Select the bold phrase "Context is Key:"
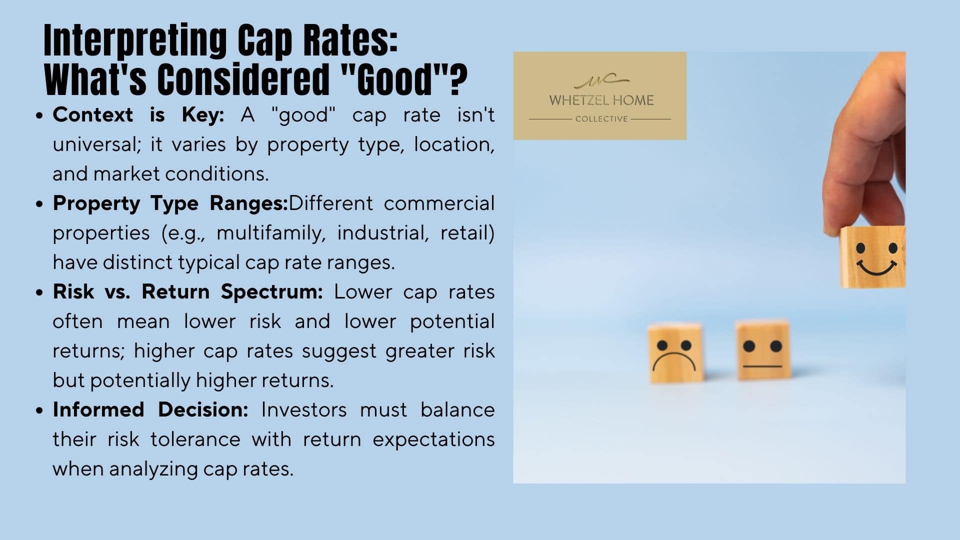pos(138,115)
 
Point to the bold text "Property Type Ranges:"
pos(170,203)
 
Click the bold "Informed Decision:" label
pos(150,409)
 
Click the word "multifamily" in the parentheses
pos(271,233)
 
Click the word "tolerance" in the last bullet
pos(195,439)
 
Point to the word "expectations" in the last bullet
pos(433,440)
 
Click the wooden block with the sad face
pos(675,352)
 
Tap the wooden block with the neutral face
pos(763,350)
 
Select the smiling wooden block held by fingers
pos(872,257)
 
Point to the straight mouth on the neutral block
pos(762,366)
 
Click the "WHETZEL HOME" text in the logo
pos(601,100)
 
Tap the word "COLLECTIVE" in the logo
pos(601,119)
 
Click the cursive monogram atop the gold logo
pos(601,80)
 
